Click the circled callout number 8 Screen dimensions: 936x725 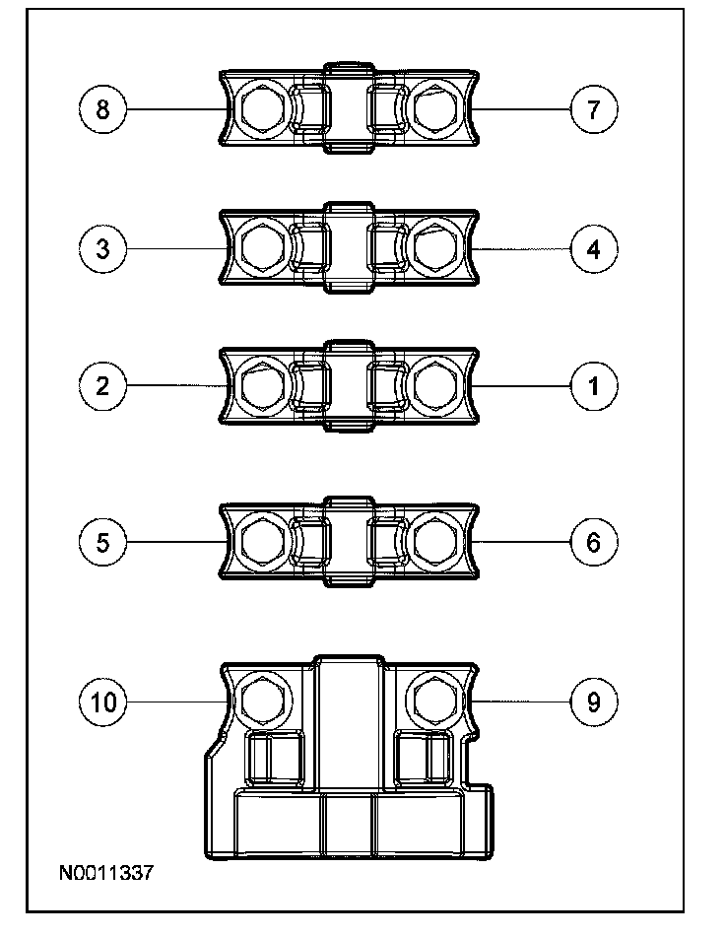[103, 108]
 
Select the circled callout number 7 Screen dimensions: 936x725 [594, 108]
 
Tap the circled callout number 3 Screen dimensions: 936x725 [103, 247]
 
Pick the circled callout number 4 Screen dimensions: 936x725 [594, 247]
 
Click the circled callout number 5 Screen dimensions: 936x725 [103, 542]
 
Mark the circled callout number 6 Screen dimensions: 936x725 [594, 542]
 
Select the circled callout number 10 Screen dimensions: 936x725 [103, 701]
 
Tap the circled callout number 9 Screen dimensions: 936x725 [594, 701]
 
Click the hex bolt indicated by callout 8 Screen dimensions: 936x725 [262, 108]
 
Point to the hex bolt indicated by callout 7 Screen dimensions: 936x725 [433, 108]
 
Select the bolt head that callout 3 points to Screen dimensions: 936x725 [262, 247]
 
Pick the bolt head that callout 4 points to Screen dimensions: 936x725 [433, 247]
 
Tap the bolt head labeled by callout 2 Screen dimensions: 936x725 [262, 385]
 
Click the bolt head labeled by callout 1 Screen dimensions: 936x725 [433, 385]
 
